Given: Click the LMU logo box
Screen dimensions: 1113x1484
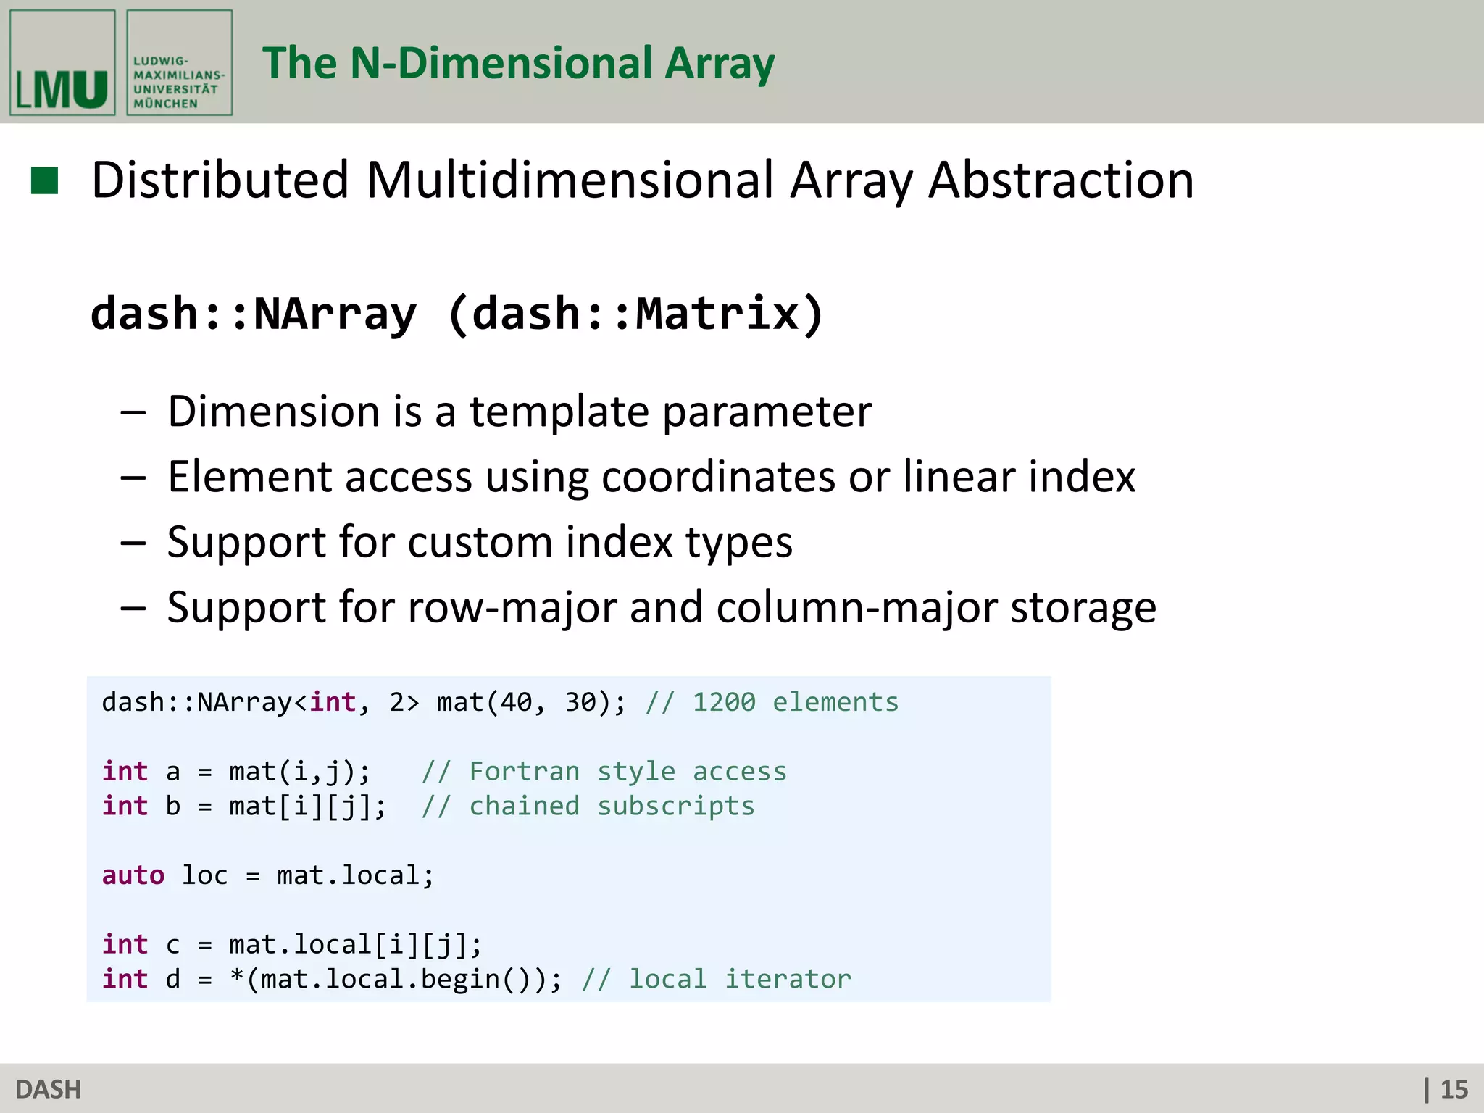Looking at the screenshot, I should (62, 62).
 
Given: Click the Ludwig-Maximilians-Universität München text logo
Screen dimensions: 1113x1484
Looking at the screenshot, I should (179, 62).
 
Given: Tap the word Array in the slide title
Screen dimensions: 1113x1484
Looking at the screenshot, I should (720, 64).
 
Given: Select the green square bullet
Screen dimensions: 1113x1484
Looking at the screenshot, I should (44, 181).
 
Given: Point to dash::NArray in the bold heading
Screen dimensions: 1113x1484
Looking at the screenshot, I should (254, 313).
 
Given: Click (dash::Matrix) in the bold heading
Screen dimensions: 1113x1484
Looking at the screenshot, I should (635, 313).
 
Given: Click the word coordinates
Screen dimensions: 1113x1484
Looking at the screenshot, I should (718, 477).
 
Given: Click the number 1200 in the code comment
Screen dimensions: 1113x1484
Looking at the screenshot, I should (724, 702).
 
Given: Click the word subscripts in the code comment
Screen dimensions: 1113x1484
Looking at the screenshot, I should (675, 806).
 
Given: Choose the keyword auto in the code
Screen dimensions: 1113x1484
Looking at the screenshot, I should (133, 875).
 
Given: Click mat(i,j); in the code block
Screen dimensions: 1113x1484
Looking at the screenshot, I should (299, 771).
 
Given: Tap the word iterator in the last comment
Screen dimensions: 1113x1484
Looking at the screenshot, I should (788, 979).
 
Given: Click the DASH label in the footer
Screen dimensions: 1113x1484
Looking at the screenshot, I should (48, 1089).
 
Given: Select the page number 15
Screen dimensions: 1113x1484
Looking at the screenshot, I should (1454, 1089).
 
